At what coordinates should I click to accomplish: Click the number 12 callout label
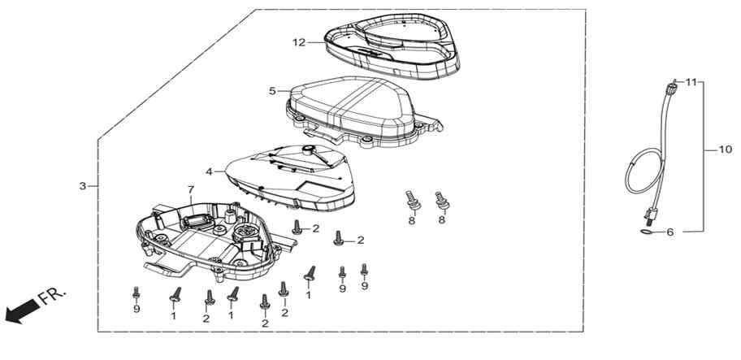coord(299,42)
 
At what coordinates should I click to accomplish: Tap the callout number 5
coord(272,91)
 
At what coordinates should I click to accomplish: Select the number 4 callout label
coord(210,171)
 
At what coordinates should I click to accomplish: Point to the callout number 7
coord(191,189)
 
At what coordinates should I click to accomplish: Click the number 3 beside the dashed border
coord(83,186)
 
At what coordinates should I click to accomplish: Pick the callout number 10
coord(726,150)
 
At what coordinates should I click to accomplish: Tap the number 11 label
coord(691,82)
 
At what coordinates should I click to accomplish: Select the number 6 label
coord(670,232)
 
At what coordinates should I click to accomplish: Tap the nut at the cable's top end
coord(670,88)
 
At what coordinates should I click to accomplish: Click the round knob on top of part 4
coord(309,150)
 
